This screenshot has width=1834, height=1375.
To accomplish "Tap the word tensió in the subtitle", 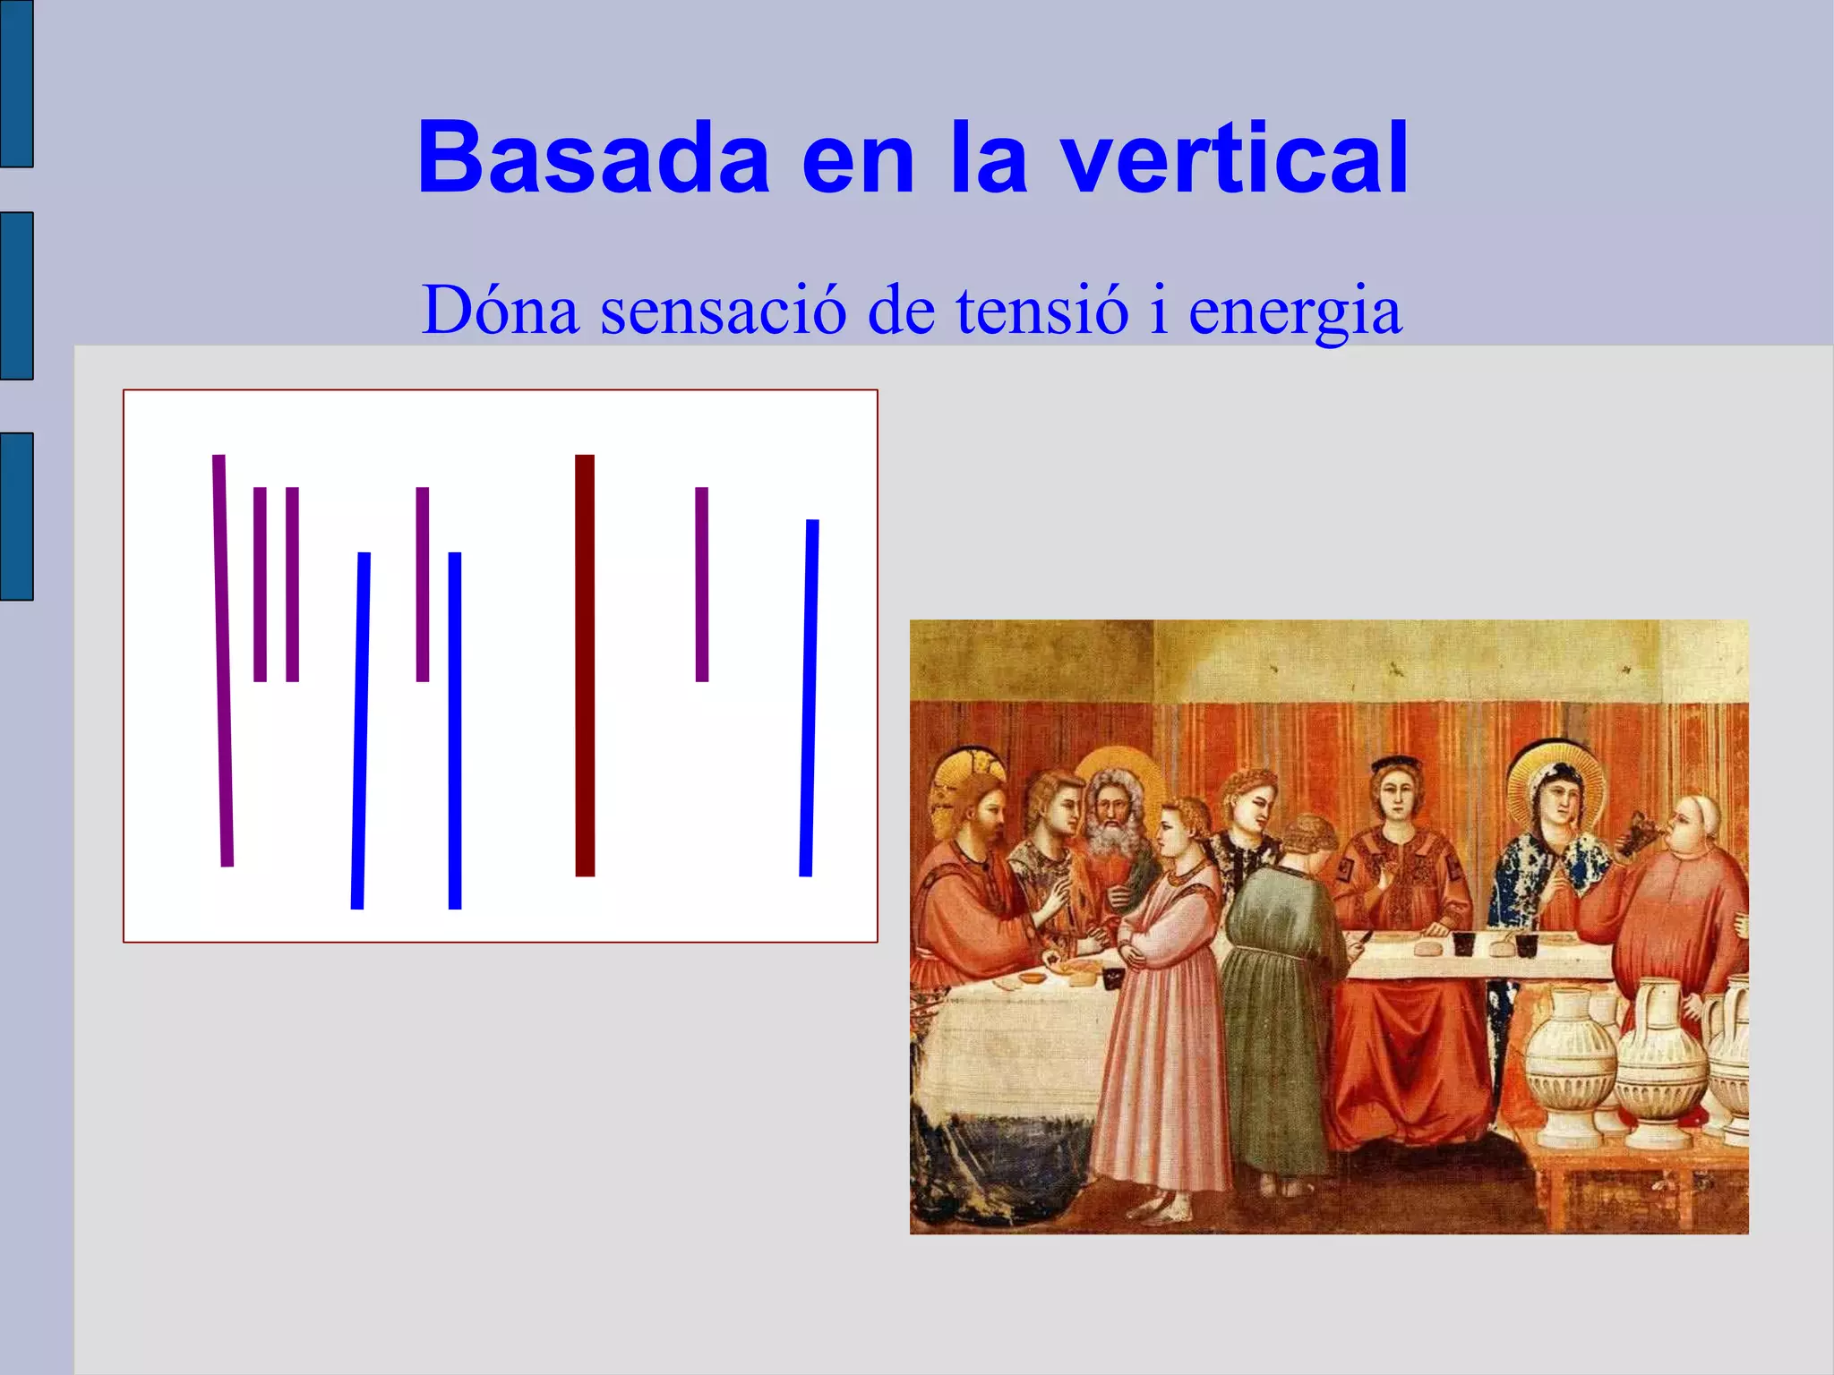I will (x=1041, y=310).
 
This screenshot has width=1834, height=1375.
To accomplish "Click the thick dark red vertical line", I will (x=585, y=665).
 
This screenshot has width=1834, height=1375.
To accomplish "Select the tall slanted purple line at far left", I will (x=223, y=661).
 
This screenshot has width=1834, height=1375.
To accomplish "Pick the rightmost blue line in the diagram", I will (x=810, y=698).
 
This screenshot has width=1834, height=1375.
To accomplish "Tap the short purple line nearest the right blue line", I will (x=702, y=584).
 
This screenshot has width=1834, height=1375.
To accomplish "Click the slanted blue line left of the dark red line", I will (x=361, y=730).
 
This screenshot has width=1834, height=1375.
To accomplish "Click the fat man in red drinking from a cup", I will (x=1675, y=904).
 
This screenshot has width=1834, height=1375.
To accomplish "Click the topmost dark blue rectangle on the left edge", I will (x=16, y=83).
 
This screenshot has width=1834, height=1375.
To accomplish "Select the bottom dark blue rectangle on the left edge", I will (x=16, y=516).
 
